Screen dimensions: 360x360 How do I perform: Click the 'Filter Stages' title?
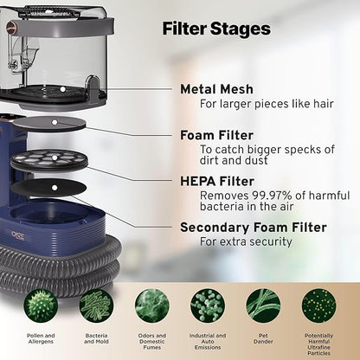pos(216,29)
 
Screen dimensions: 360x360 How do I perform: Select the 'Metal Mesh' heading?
pos(216,89)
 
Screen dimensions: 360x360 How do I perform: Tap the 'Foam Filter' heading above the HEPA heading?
pos(216,135)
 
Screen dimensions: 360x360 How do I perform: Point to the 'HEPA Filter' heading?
pos(217,182)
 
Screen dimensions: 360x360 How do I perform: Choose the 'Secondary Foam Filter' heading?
pos(254,228)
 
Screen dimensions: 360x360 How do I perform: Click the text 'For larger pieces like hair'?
pos(267,104)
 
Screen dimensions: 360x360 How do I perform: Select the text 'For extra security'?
pos(246,241)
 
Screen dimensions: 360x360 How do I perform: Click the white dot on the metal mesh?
pos(62,89)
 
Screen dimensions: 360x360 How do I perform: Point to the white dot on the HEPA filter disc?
pos(55,157)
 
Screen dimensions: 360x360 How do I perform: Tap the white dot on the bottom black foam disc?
pos(55,188)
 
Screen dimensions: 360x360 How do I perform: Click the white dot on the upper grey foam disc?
pos(55,122)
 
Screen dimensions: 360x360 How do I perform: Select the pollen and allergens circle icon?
pos(41,305)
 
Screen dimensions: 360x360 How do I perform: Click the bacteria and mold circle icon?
pos(96,305)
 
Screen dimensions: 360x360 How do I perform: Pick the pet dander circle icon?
pos(263,305)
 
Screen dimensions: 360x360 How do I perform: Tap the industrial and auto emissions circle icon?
pos(208,305)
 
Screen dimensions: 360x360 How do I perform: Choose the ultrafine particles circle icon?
pos(318,305)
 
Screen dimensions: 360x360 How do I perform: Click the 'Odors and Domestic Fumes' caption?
pos(152,342)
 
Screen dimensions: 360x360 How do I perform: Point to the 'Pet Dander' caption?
pos(263,338)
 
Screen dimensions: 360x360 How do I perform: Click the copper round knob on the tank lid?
pos(11,24)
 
